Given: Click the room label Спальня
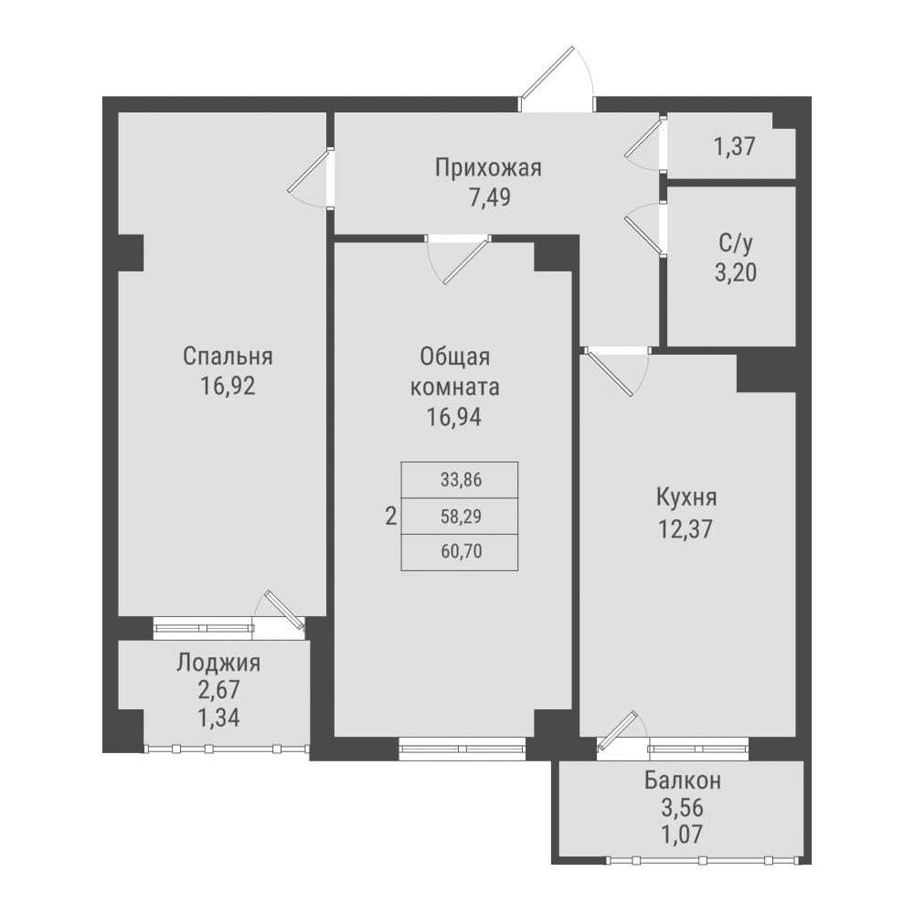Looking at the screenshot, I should pyautogui.click(x=228, y=356).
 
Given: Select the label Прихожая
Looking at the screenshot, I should pyautogui.click(x=488, y=168).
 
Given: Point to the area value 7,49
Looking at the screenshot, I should pyautogui.click(x=488, y=197).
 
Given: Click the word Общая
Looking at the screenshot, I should pyautogui.click(x=455, y=356).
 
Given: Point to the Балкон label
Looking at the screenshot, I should pyautogui.click(x=683, y=781).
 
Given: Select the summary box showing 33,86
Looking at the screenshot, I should pyautogui.click(x=460, y=479).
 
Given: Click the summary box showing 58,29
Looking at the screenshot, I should pyautogui.click(x=460, y=516).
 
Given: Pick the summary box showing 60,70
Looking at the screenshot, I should pyautogui.click(x=460, y=552).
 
